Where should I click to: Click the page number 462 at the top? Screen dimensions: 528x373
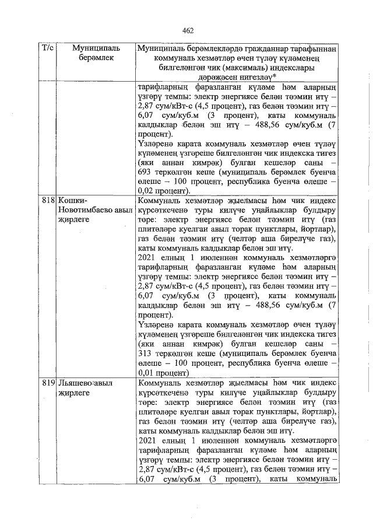pos(187,30)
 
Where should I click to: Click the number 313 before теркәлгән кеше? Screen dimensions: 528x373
pos(147,353)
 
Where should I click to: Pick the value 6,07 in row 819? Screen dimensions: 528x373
pos(148,480)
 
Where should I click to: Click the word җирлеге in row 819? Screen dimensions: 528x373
pos(74,393)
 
